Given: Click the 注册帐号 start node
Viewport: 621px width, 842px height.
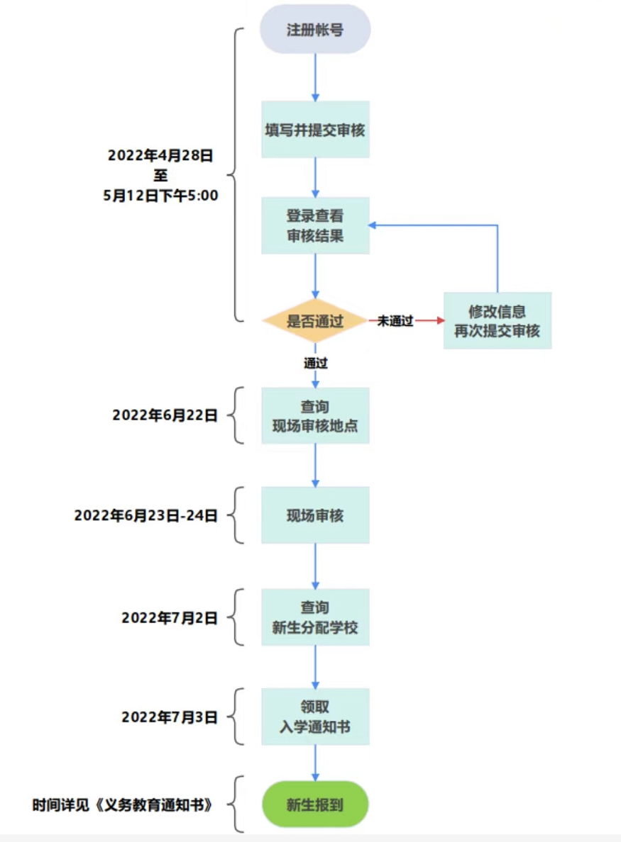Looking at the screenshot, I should (x=315, y=30).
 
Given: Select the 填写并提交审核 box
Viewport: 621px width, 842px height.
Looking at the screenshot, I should (x=315, y=130).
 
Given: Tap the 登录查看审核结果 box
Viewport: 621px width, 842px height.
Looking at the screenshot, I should (x=315, y=225).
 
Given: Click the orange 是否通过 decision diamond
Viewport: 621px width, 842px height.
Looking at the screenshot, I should (x=315, y=321).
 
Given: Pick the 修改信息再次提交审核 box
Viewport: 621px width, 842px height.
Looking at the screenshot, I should (x=497, y=321).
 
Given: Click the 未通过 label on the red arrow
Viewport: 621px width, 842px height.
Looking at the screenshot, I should (x=395, y=321).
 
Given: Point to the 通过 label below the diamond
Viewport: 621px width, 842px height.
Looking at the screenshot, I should (x=316, y=363).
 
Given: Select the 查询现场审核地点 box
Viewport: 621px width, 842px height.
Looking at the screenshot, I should (x=315, y=416).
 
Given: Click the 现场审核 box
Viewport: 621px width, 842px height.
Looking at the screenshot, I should (x=315, y=515).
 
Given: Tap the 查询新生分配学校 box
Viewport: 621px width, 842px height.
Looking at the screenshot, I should (x=315, y=617).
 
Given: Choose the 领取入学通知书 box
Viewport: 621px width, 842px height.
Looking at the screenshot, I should (x=315, y=717).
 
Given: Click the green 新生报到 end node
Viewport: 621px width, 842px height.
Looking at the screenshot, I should (x=315, y=804).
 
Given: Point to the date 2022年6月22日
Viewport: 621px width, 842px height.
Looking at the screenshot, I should (x=165, y=416).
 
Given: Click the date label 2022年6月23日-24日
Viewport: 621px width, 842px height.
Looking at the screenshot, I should (x=145, y=515).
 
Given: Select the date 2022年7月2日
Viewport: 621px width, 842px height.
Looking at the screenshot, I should (x=169, y=617).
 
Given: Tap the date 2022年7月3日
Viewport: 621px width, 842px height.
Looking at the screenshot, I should (x=169, y=717).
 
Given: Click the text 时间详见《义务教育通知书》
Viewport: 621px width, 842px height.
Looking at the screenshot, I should (x=123, y=804).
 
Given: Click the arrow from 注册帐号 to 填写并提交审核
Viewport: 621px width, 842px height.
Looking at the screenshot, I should (x=315, y=77).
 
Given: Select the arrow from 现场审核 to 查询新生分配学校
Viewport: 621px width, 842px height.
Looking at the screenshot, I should (x=315, y=566).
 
